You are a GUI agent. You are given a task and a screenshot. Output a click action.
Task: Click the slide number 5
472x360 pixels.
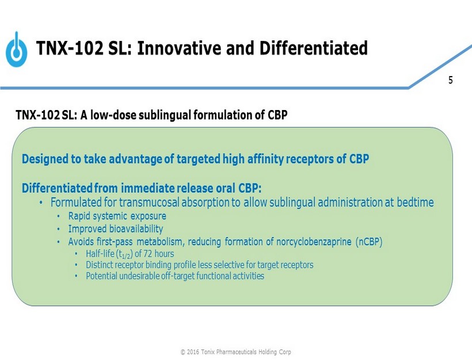pyautogui.click(x=450, y=80)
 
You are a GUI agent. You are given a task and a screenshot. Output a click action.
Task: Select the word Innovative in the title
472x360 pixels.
pyautogui.click(x=180, y=48)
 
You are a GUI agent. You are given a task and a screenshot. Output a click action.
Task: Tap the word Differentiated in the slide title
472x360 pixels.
pyautogui.click(x=313, y=48)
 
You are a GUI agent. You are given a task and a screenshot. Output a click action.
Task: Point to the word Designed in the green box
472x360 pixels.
pyautogui.click(x=45, y=160)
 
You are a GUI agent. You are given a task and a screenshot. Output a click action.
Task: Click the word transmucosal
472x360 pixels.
pyautogui.click(x=149, y=202)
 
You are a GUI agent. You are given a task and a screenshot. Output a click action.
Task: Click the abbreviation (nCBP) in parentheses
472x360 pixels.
pyautogui.click(x=369, y=242)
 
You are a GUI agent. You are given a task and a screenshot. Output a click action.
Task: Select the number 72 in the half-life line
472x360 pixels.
pyautogui.click(x=147, y=253)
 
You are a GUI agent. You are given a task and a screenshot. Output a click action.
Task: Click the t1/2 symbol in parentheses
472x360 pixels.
pyautogui.click(x=124, y=254)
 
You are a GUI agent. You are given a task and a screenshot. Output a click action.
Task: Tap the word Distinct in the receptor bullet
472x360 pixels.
pyautogui.click(x=100, y=265)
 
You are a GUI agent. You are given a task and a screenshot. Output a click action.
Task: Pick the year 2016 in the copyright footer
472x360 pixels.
pyautogui.click(x=193, y=352)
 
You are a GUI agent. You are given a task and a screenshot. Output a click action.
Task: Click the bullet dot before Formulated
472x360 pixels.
pyautogui.click(x=41, y=203)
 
